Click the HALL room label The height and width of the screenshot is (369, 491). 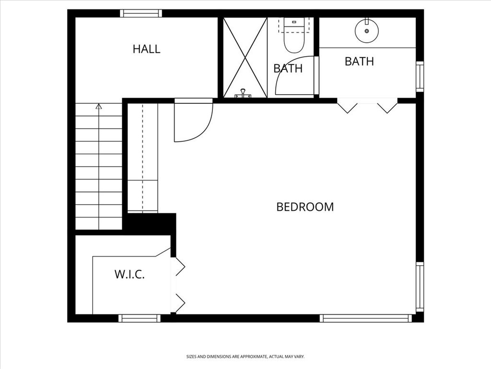click(146, 49)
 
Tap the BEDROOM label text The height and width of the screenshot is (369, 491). click(305, 207)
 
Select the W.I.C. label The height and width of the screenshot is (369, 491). click(129, 274)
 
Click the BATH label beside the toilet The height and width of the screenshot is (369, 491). click(288, 68)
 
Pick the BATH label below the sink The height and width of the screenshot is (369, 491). click(359, 61)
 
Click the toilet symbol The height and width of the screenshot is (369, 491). click(293, 36)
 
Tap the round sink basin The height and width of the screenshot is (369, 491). click(367, 30)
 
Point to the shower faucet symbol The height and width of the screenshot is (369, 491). click(243, 94)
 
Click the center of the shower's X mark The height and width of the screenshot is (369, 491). click(245, 57)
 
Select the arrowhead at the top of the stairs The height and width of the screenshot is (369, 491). click(99, 106)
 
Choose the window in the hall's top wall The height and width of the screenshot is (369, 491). click(140, 13)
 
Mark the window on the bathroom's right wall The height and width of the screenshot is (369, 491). click(420, 76)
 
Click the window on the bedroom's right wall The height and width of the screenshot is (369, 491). click(420, 287)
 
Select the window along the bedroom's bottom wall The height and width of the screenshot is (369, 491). click(365, 318)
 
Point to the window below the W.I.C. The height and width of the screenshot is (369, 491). click(140, 318)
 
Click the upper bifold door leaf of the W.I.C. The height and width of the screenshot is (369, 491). click(179, 267)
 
